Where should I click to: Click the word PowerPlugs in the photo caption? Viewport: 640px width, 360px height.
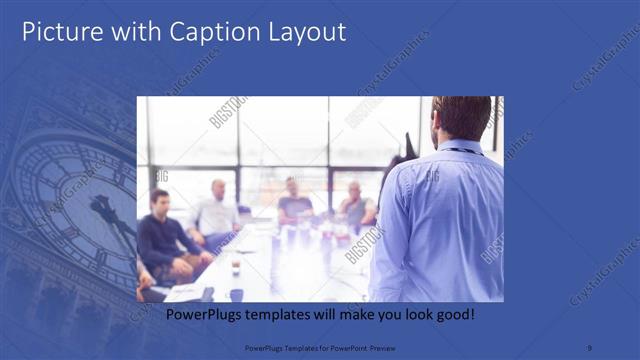[201, 315]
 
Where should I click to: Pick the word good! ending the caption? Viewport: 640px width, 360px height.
[454, 315]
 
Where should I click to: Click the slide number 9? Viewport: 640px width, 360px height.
[591, 348]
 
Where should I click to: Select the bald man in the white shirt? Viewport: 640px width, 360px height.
[216, 210]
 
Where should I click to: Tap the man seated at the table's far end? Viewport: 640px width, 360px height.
[293, 200]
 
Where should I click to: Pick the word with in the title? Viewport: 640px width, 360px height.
[125, 32]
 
